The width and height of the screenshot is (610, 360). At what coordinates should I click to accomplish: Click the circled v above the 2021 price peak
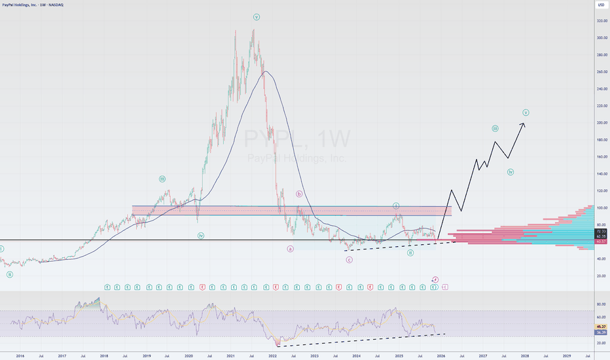[256, 17]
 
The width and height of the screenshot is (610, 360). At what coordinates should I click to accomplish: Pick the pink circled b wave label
[298, 194]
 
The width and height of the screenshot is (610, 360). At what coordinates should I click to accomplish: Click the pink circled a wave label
[290, 249]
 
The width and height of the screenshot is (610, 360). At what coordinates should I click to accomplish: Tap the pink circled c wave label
[350, 260]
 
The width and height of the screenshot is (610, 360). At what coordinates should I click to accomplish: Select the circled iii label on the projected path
[495, 128]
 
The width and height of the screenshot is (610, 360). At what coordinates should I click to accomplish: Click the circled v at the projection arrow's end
[526, 112]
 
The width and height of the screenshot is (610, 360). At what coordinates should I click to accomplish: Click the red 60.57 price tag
[600, 242]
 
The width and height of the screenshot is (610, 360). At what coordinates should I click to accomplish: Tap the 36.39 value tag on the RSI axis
[600, 333]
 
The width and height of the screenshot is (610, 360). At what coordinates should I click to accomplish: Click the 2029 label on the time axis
[567, 355]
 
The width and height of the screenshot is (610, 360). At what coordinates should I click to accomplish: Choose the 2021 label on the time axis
[230, 355]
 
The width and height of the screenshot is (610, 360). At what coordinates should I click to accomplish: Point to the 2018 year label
[104, 355]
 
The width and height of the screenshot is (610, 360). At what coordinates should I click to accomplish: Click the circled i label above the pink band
[396, 206]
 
